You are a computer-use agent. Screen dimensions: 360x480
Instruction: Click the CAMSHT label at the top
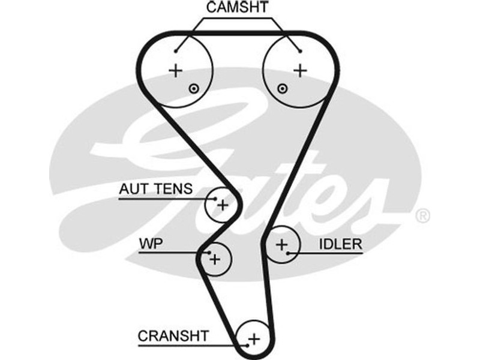coord(238,8)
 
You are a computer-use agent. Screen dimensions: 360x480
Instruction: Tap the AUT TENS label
coord(155,190)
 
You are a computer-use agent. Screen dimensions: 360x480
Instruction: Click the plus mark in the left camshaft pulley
coord(175,70)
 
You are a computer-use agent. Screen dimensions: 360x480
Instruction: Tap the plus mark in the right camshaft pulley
coord(299,70)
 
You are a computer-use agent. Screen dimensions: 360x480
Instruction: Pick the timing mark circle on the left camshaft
coord(193,89)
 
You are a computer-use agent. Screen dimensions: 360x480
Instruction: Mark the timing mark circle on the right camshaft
coord(282,89)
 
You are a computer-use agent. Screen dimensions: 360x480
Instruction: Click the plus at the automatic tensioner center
coord(223,205)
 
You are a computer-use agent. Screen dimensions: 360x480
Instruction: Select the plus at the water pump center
coord(216,259)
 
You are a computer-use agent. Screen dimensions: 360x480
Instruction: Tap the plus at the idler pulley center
coord(281,244)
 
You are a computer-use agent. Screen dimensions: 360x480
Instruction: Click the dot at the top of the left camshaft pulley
coord(176,50)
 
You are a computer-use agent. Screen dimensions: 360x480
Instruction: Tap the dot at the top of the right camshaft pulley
coord(299,50)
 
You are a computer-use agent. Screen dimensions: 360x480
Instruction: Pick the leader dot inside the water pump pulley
coord(208,253)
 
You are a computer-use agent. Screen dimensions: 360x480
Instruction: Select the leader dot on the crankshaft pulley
coord(247,345)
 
